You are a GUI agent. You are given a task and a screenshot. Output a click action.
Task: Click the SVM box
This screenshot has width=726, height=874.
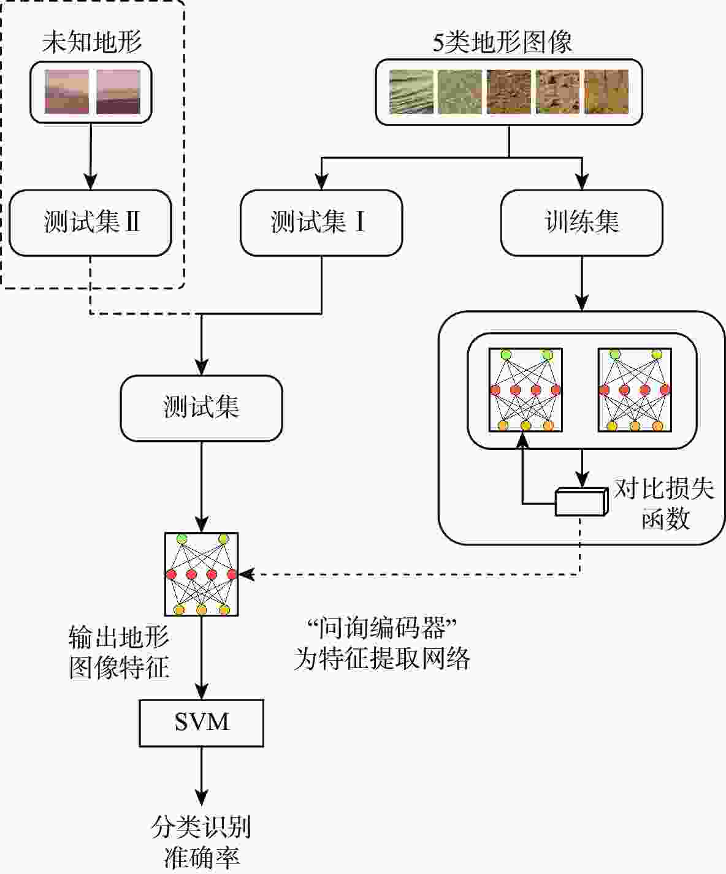(x=201, y=723)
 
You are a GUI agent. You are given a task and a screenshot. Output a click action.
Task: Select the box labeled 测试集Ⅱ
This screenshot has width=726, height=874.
(x=90, y=222)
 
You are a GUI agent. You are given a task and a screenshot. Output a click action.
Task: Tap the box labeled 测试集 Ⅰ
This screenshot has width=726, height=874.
(x=321, y=222)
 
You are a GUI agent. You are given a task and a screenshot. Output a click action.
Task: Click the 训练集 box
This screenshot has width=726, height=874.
(x=581, y=222)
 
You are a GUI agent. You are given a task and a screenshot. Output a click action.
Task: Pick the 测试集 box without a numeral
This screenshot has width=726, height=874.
(x=201, y=408)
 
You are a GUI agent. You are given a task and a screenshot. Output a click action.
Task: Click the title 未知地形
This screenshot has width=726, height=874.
(x=91, y=42)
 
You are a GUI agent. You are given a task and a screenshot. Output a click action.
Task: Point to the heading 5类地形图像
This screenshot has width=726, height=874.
(x=503, y=42)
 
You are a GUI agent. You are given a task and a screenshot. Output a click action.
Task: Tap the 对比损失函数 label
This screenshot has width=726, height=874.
(x=665, y=504)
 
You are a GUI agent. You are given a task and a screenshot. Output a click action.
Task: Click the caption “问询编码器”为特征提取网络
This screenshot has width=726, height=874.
(x=381, y=644)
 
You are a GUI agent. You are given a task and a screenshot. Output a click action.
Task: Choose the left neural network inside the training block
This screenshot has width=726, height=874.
(x=525, y=390)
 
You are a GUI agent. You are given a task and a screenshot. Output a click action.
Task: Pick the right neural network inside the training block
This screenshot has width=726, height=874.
(x=635, y=390)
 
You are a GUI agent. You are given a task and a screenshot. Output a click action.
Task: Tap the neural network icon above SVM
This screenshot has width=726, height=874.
(x=201, y=574)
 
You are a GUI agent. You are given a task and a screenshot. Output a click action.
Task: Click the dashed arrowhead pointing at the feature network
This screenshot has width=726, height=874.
(x=245, y=574)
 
